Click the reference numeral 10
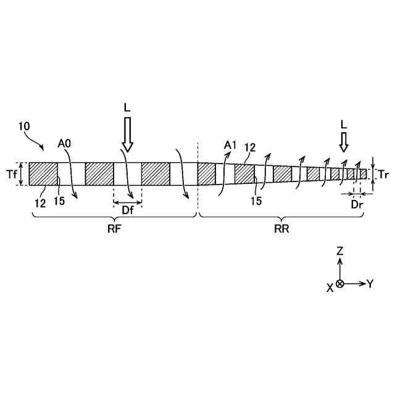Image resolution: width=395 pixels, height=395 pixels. pyautogui.click(x=25, y=126)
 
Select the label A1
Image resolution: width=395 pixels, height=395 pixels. pyautogui.click(x=230, y=145)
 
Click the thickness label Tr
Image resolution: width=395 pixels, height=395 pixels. pyautogui.click(x=383, y=174)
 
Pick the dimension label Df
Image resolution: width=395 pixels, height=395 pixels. pyautogui.click(x=128, y=210)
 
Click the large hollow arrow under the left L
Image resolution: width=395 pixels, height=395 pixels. pyautogui.click(x=128, y=135)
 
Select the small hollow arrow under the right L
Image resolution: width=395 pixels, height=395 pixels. pyautogui.click(x=344, y=143)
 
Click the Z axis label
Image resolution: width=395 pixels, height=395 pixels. pyautogui.click(x=339, y=251)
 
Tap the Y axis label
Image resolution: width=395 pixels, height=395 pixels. pyautogui.click(x=370, y=283)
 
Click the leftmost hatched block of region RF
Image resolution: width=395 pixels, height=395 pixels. pyautogui.click(x=43, y=173)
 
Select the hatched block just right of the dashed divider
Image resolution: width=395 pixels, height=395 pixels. pyautogui.click(x=206, y=173)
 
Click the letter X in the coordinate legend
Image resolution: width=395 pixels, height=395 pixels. pyautogui.click(x=330, y=287)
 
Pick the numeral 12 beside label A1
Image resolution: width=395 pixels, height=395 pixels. pyautogui.click(x=250, y=147)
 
